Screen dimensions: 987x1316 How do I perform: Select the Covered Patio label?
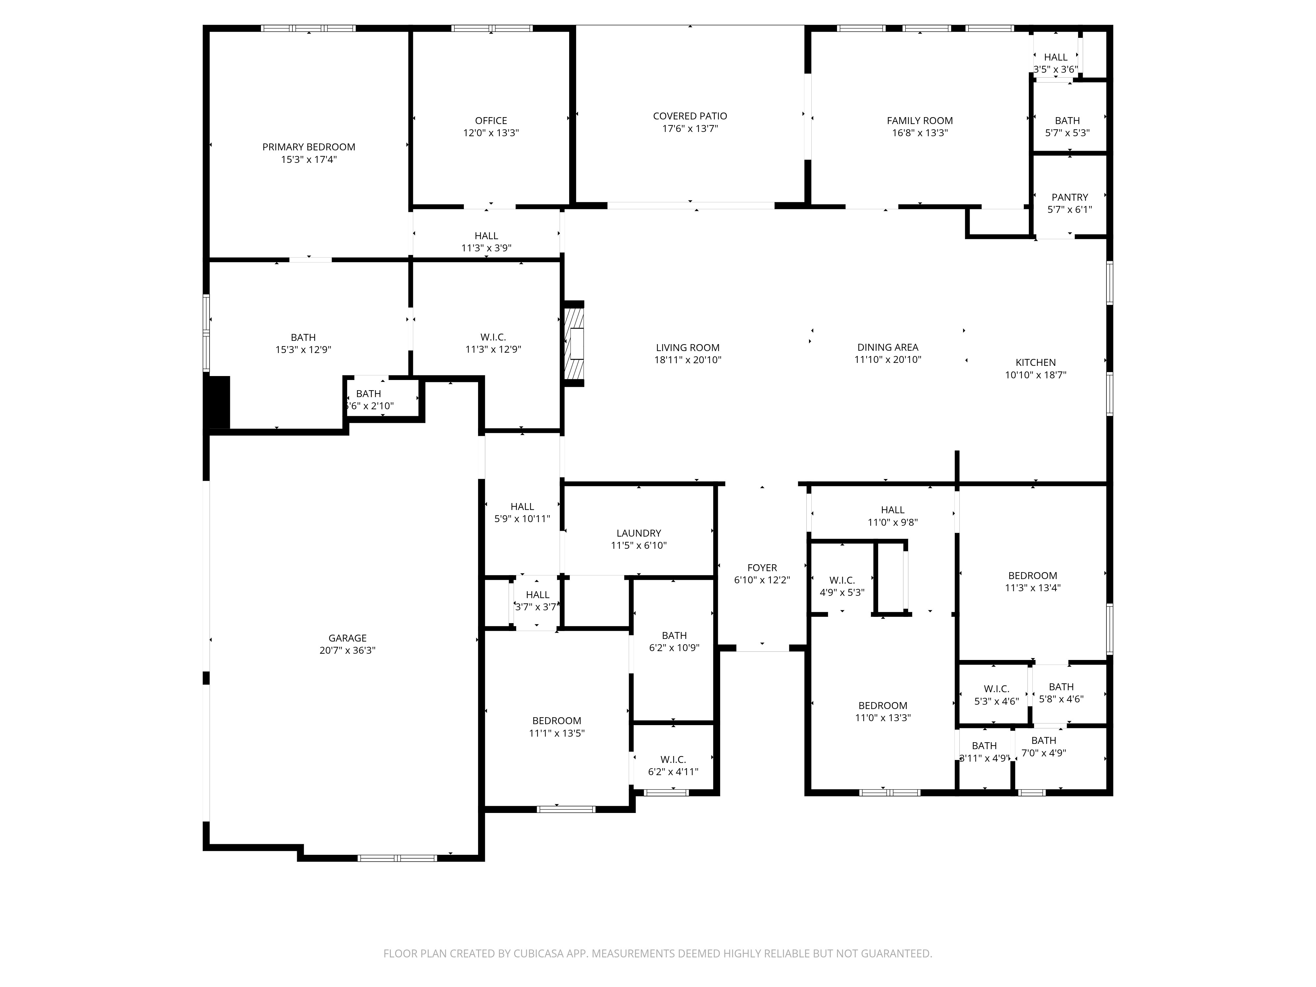tap(690, 116)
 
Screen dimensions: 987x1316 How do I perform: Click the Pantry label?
tap(1069, 197)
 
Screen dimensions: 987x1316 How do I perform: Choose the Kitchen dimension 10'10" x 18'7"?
tap(1035, 375)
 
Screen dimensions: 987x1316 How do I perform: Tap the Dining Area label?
tap(887, 347)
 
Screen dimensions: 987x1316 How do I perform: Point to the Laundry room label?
tap(638, 533)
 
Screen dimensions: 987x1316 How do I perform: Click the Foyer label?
tap(762, 568)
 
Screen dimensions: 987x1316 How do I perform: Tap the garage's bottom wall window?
tap(397, 858)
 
